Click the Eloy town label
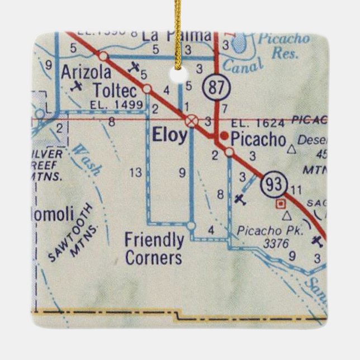click(x=170, y=135)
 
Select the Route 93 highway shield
click(x=278, y=183)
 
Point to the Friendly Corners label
click(x=154, y=249)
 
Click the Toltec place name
click(x=115, y=89)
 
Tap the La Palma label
click(x=177, y=35)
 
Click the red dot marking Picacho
click(x=224, y=135)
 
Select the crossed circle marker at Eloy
click(x=191, y=120)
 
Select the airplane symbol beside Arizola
click(x=78, y=86)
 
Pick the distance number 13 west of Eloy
click(x=135, y=173)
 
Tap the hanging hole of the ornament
click(x=179, y=72)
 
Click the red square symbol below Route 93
click(x=280, y=203)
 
